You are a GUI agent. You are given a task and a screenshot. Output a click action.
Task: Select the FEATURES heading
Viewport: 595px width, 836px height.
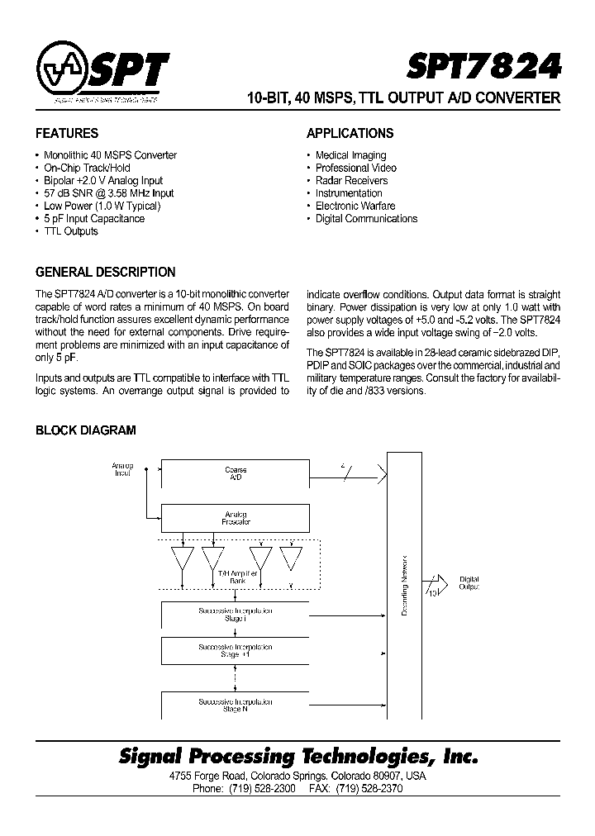[67, 133]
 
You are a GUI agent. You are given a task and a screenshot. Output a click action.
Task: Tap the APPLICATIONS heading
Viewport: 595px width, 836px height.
[350, 133]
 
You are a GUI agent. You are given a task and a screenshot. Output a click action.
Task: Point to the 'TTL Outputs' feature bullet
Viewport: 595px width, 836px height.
[70, 231]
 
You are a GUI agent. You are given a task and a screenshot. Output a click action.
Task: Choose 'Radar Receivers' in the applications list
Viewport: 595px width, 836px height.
[351, 180]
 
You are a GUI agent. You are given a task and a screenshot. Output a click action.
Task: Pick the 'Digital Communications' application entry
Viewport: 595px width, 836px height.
[366, 219]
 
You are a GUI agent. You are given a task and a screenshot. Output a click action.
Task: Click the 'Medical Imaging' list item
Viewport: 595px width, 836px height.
[350, 155]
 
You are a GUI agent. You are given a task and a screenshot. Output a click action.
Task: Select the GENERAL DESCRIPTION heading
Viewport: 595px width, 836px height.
[105, 272]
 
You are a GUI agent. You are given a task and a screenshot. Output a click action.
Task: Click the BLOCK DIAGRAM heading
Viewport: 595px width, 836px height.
[85, 430]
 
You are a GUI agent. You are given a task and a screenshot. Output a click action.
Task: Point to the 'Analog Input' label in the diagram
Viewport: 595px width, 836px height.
[122, 471]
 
